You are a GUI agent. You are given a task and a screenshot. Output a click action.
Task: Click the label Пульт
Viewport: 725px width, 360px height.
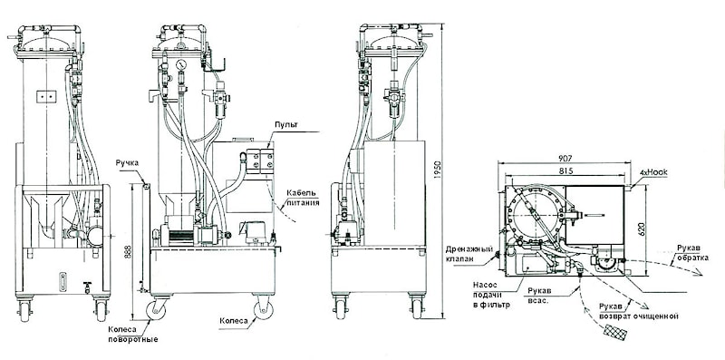285,125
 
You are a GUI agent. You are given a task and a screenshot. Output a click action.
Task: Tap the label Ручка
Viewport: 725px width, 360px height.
127,163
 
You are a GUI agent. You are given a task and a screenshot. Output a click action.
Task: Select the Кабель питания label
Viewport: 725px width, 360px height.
302,198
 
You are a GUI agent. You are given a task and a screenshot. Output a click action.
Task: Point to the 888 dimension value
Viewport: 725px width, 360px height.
134,251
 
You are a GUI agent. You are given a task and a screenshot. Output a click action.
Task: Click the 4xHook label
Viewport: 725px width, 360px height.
652,172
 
